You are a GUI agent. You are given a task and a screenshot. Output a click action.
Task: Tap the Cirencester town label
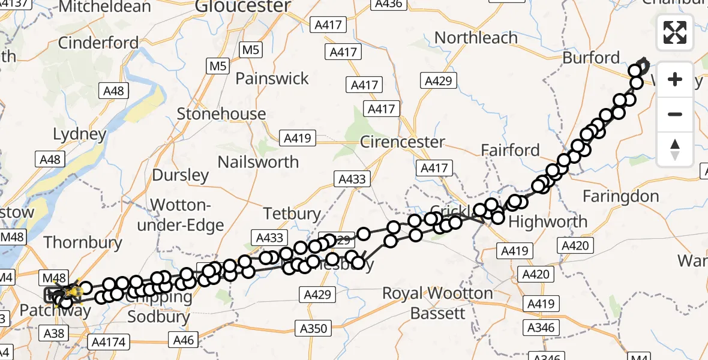click(403, 142)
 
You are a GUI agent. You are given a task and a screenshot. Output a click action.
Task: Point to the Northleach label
click(476, 38)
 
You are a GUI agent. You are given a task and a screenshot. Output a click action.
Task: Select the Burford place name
click(591, 58)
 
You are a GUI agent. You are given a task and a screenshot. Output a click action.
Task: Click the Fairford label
click(511, 150)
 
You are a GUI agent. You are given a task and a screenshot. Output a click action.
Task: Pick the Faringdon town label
click(620, 196)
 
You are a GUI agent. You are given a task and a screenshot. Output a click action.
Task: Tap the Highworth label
click(548, 221)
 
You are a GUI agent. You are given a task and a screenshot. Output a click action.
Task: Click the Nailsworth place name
click(258, 162)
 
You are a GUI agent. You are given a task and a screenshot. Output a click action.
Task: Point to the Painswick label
click(272, 79)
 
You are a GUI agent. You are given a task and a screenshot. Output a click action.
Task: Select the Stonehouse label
click(221, 114)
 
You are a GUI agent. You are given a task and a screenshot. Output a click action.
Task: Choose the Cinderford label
click(98, 43)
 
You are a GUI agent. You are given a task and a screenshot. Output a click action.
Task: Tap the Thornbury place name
click(83, 242)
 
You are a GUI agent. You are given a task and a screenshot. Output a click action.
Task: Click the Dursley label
click(181, 175)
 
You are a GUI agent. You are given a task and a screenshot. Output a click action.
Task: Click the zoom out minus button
click(675, 114)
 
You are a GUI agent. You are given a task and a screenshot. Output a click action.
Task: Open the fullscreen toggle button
click(675, 32)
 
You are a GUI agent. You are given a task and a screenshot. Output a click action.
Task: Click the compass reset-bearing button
click(675, 149)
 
